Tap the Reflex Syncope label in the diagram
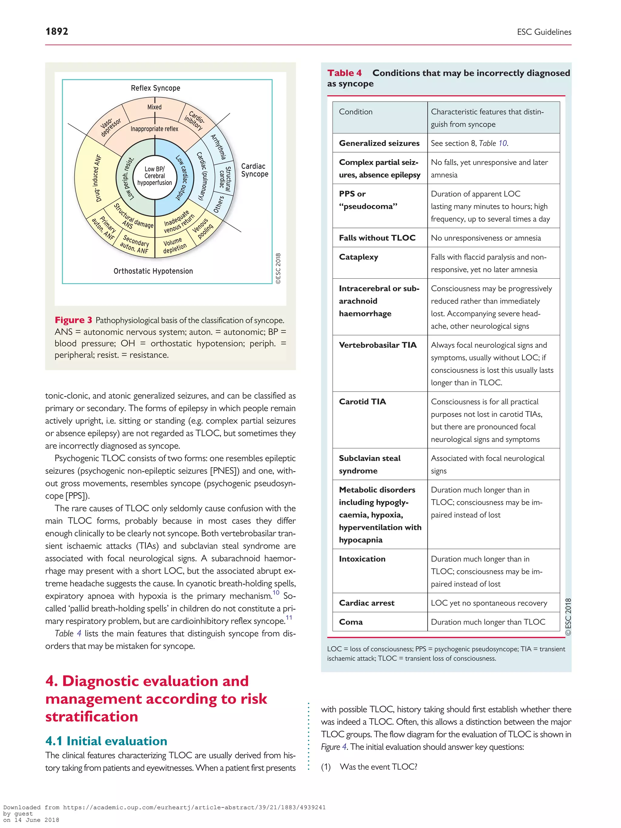tap(155, 88)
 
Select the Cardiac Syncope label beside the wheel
tap(254, 170)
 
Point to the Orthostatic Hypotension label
tap(153, 271)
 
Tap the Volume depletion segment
tap(174, 245)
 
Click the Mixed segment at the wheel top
tap(154, 107)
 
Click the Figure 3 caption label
tap(73, 320)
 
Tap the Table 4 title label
tap(344, 73)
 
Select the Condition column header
tap(356, 112)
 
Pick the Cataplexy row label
tap(358, 257)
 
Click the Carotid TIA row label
tap(362, 402)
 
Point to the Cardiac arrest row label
tap(367, 603)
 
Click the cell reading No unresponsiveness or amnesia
tap(485, 238)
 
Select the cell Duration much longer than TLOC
tap(488, 622)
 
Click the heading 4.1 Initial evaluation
tap(106, 741)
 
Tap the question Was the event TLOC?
tap(378, 767)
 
